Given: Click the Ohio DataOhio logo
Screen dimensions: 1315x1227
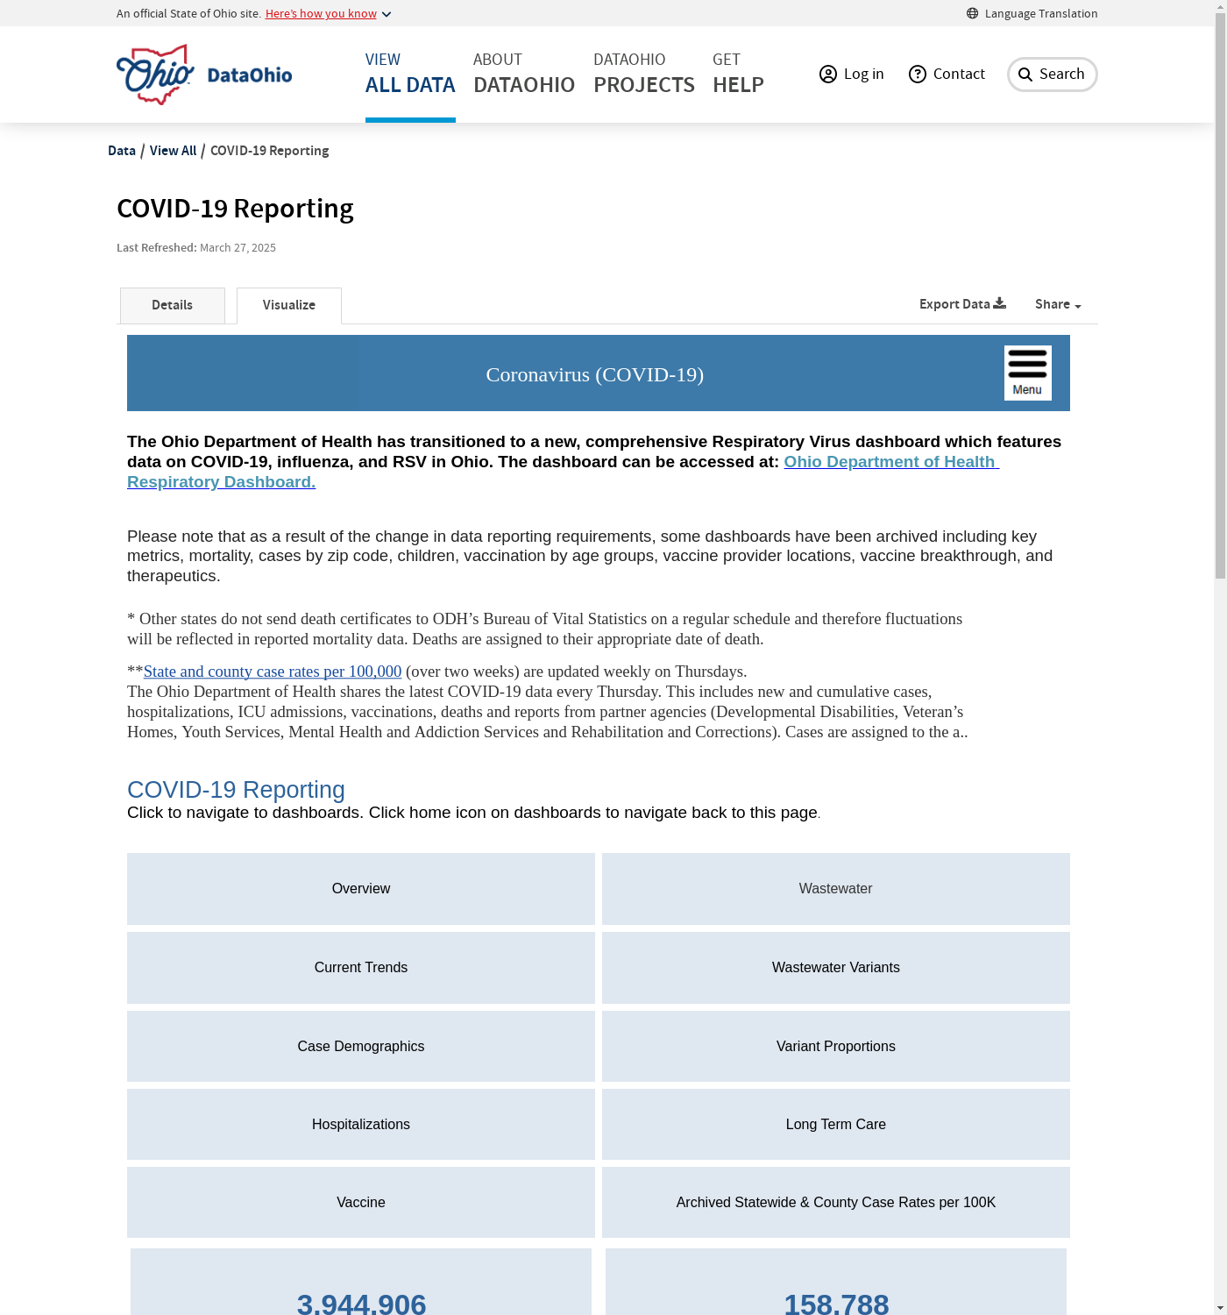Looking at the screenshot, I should pyautogui.click(x=204, y=75).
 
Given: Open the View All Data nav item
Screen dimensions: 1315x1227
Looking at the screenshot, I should pyautogui.click(x=410, y=74).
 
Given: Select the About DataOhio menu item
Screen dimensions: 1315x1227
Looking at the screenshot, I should pyautogui.click(x=524, y=74).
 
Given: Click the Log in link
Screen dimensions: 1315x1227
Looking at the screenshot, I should pyautogui.click(x=852, y=75).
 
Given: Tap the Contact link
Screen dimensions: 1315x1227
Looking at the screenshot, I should pyautogui.click(x=947, y=75).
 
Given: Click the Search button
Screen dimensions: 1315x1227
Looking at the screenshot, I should pyautogui.click(x=1052, y=75).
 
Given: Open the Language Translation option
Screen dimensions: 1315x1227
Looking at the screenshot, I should pyautogui.click(x=1032, y=13).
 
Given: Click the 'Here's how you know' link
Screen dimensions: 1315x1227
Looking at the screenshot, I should pyautogui.click(x=321, y=14).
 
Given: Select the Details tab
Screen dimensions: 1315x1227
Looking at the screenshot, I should pyautogui.click(x=172, y=305).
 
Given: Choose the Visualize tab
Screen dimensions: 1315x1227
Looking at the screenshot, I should pyautogui.click(x=289, y=305).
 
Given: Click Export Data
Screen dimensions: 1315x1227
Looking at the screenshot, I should pyautogui.click(x=962, y=304).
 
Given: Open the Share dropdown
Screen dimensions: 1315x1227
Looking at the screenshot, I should pyautogui.click(x=1057, y=304).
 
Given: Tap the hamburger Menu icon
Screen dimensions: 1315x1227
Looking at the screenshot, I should pyautogui.click(x=1027, y=373).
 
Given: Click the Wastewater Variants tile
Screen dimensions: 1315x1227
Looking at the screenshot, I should pyautogui.click(x=835, y=968).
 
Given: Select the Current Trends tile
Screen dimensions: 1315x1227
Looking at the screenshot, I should pyautogui.click(x=361, y=968).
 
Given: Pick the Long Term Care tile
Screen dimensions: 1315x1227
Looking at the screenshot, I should pyautogui.click(x=835, y=1125).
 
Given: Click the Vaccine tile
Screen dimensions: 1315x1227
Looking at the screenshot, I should pyautogui.click(x=361, y=1203).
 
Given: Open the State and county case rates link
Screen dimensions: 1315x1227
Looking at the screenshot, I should pyautogui.click(x=273, y=672).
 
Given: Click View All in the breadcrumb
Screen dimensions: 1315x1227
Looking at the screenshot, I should pyautogui.click(x=173, y=151).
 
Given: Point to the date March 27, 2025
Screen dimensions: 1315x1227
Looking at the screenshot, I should pyautogui.click(x=238, y=248).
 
